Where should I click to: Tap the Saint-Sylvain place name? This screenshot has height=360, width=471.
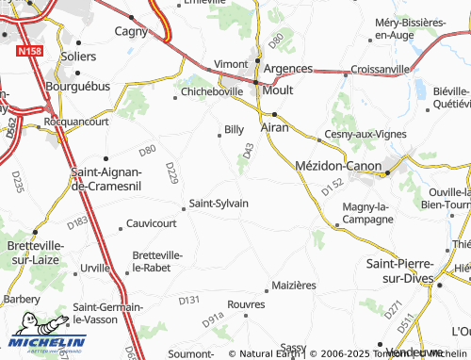click(x=219, y=203)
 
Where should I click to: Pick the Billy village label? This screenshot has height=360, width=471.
click(x=234, y=129)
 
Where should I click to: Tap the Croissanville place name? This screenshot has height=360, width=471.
click(x=379, y=69)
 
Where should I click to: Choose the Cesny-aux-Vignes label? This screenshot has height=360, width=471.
click(x=365, y=134)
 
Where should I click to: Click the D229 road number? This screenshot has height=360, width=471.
click(x=171, y=172)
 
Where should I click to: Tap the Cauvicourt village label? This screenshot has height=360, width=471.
click(x=151, y=224)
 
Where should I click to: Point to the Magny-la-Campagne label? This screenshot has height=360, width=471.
click(x=367, y=213)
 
